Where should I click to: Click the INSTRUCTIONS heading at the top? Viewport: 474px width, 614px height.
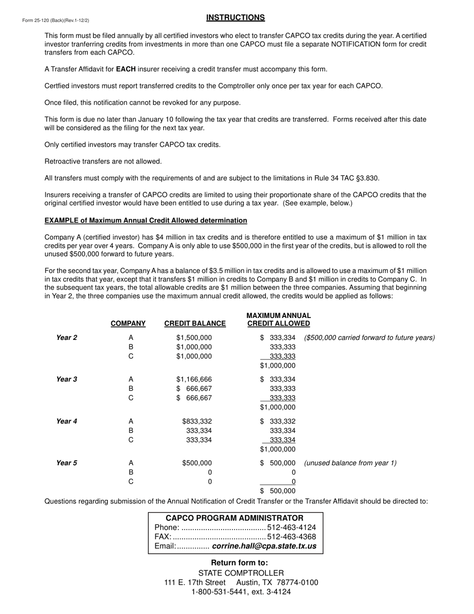236,17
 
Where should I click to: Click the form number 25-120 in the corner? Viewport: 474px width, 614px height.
55,20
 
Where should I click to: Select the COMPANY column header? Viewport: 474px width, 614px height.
128,323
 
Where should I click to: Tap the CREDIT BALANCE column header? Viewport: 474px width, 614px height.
195,323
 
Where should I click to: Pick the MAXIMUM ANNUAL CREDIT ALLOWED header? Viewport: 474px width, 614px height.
278,319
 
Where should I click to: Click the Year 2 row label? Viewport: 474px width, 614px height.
66,337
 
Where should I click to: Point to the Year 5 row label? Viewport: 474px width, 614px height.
66,463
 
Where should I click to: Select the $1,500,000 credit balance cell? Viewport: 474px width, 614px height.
194,337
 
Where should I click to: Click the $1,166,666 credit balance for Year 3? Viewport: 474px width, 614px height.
194,379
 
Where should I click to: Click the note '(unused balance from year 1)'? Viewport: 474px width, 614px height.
350,463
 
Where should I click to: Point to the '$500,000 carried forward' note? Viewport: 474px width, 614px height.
369,337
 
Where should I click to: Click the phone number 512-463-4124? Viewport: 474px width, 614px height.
292,528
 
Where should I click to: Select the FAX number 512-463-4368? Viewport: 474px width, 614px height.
292,537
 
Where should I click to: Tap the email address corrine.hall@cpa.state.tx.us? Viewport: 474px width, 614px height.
264,546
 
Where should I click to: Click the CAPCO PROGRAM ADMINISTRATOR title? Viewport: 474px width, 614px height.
235,518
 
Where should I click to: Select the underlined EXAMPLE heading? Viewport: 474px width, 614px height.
146,220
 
